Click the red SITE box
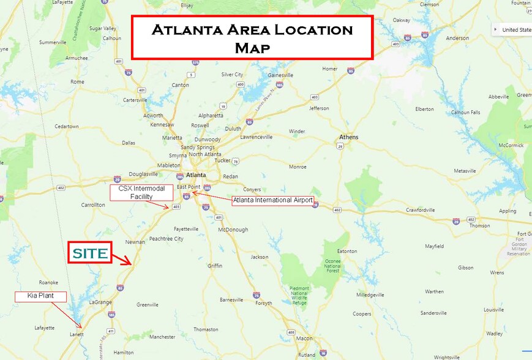(89, 253)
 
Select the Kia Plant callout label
(40, 296)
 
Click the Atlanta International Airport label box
(273, 200)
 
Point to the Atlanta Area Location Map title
(252, 37)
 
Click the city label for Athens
(350, 137)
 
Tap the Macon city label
(304, 339)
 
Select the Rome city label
(78, 81)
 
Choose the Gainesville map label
(280, 75)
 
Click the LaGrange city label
(101, 302)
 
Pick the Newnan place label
(135, 242)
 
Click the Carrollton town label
(92, 205)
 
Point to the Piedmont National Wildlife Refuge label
(300, 295)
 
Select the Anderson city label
(458, 38)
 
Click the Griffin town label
(215, 266)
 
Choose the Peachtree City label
(166, 239)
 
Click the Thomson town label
(479, 225)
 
